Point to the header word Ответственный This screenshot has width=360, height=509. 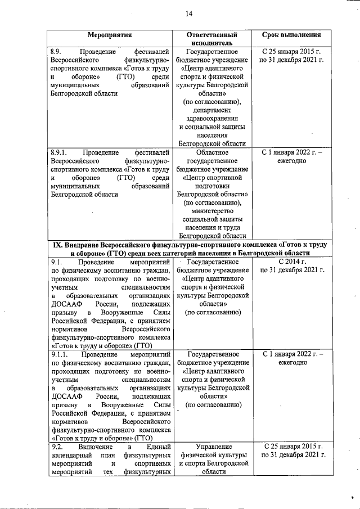[x=211, y=34]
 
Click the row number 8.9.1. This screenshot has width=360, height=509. [x=59, y=152]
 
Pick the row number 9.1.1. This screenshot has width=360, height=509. [x=59, y=354]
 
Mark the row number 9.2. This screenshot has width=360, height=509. [x=57, y=446]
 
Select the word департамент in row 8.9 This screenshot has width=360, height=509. [x=211, y=110]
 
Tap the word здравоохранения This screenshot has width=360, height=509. [x=211, y=119]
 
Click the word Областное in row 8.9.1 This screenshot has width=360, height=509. [x=211, y=152]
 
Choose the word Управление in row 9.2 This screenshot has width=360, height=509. [x=211, y=446]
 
